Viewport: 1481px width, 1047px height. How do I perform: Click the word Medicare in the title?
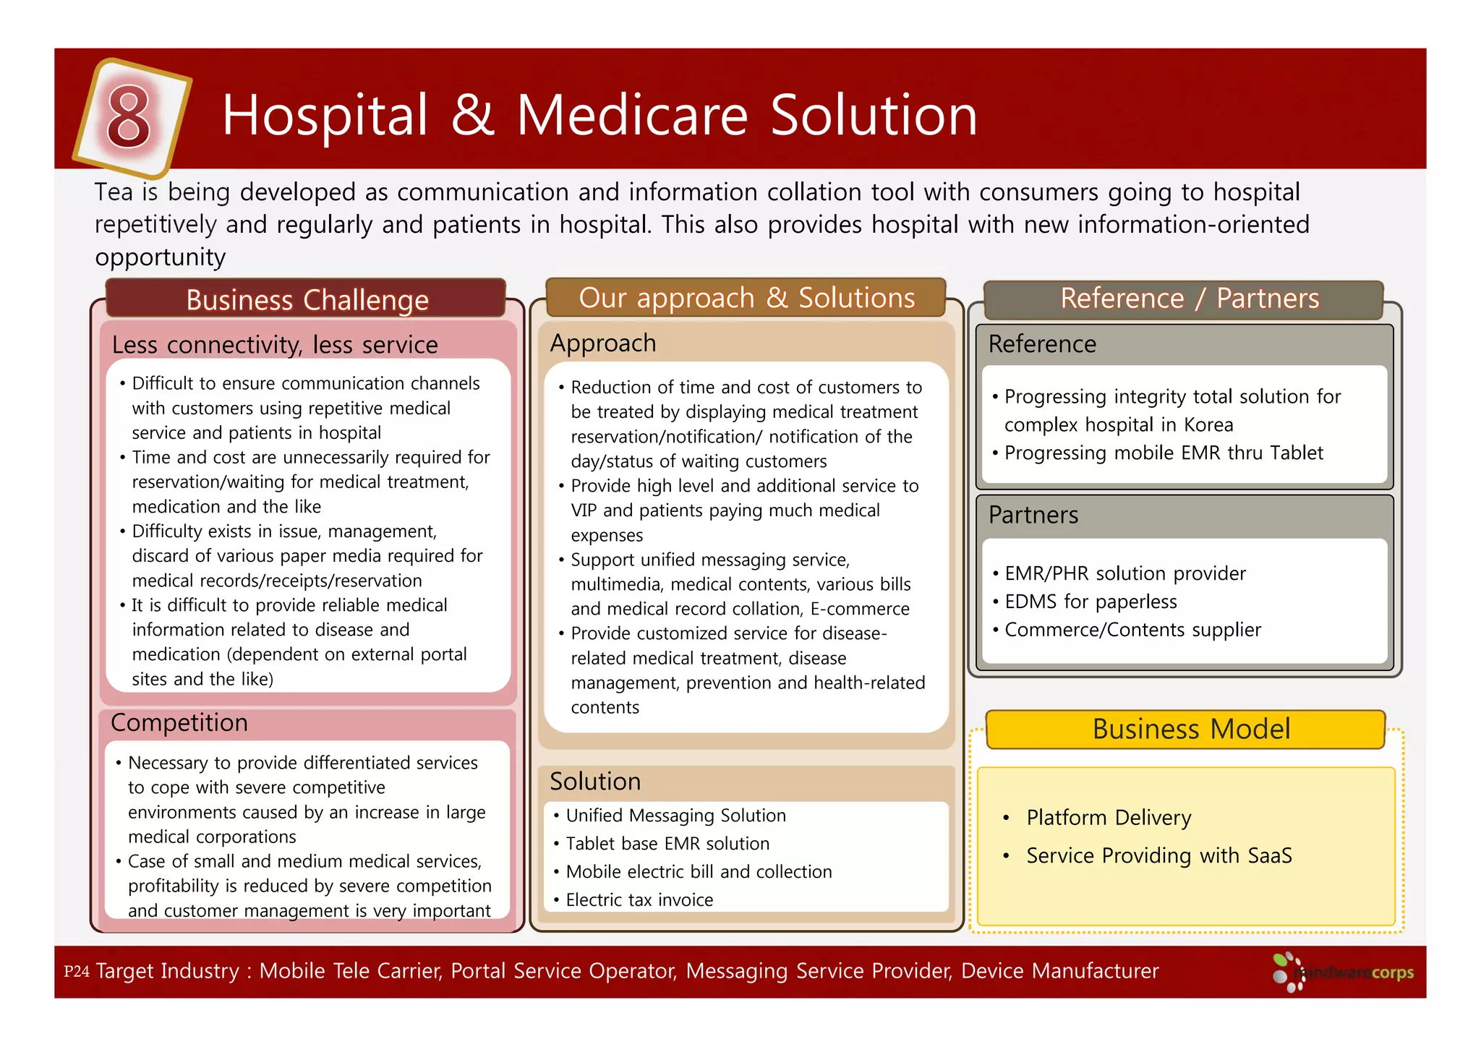point(631,116)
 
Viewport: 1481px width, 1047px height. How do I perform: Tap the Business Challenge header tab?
point(307,299)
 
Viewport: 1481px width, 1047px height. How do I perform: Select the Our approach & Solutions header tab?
point(746,298)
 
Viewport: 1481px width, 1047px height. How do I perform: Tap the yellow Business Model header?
point(1190,729)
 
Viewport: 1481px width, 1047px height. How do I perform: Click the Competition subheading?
point(179,722)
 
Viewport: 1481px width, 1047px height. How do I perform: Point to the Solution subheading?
point(595,781)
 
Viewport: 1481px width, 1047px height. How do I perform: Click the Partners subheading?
point(1033,515)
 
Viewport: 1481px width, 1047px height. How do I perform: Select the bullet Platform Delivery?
point(1108,818)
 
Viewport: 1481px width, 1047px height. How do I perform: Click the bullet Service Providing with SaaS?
point(1158,856)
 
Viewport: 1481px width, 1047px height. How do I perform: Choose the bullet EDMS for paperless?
point(1090,602)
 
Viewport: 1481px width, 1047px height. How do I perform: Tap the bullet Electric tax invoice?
point(639,900)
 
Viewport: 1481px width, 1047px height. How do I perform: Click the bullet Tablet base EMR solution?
point(667,844)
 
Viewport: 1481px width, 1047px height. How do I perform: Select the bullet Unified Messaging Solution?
point(675,816)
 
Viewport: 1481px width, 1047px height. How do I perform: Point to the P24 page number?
point(76,971)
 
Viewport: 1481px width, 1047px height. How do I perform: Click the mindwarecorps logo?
point(1344,973)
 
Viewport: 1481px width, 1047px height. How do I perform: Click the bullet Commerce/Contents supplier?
point(1132,630)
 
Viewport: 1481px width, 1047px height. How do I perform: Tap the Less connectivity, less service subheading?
point(275,345)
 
